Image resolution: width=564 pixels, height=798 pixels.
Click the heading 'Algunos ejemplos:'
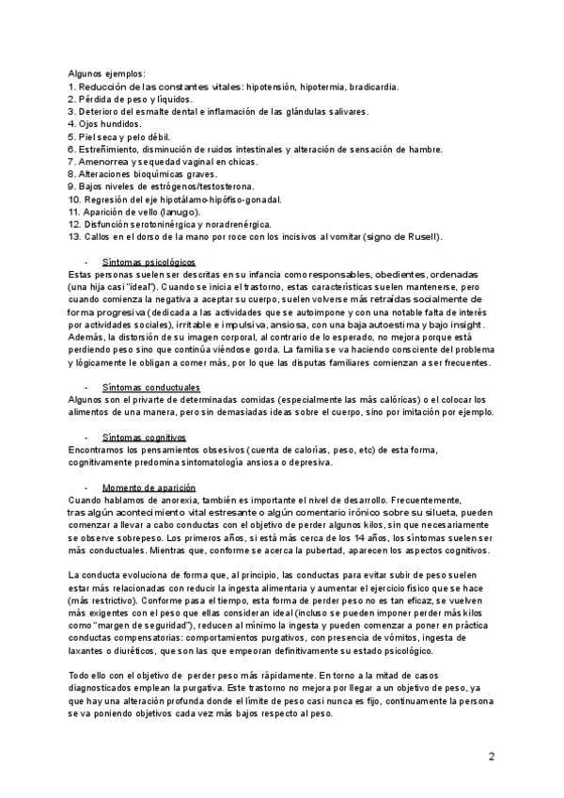point(106,74)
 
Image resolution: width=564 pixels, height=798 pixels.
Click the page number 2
point(492,758)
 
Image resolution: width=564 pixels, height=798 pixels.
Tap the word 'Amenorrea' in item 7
point(106,162)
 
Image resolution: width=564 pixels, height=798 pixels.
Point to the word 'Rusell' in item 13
point(410,237)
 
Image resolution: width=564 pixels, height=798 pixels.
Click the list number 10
point(74,199)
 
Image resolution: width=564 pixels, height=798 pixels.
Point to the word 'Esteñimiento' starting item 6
point(111,150)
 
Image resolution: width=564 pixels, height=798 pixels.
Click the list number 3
point(71,112)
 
